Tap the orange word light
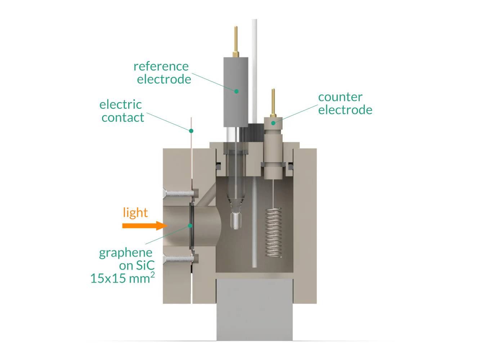pos(135,212)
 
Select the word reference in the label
pos(161,66)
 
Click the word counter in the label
pos(340,97)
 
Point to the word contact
pos(122,117)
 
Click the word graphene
pos(125,253)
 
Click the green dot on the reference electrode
pos(236,91)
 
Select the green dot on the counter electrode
pos(273,123)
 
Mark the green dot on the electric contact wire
pos(191,131)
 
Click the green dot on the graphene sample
pos(190,226)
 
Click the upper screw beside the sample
pos(179,193)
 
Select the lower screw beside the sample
pos(179,258)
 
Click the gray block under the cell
pos(254,310)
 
